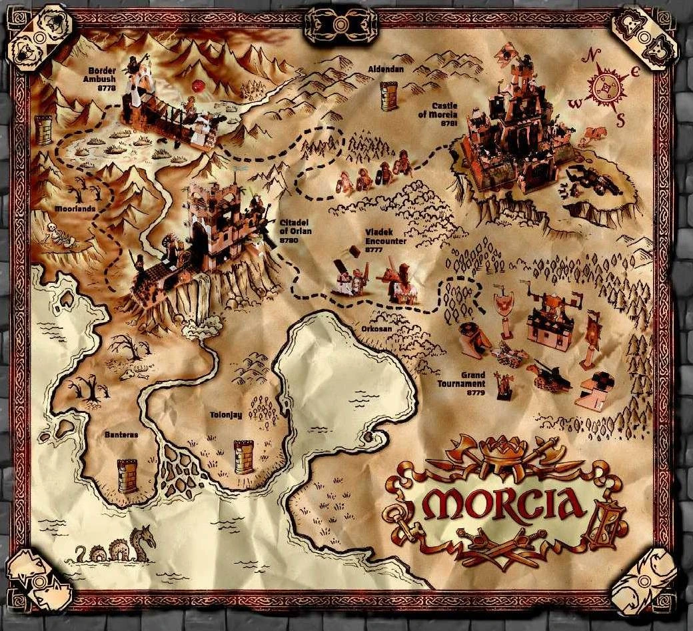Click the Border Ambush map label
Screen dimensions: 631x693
[104, 78]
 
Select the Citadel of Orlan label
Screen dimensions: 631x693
[295, 230]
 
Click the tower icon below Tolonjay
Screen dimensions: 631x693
[244, 457]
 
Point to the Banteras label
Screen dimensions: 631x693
[121, 434]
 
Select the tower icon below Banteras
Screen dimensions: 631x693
[127, 476]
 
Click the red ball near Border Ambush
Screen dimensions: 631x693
[197, 86]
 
